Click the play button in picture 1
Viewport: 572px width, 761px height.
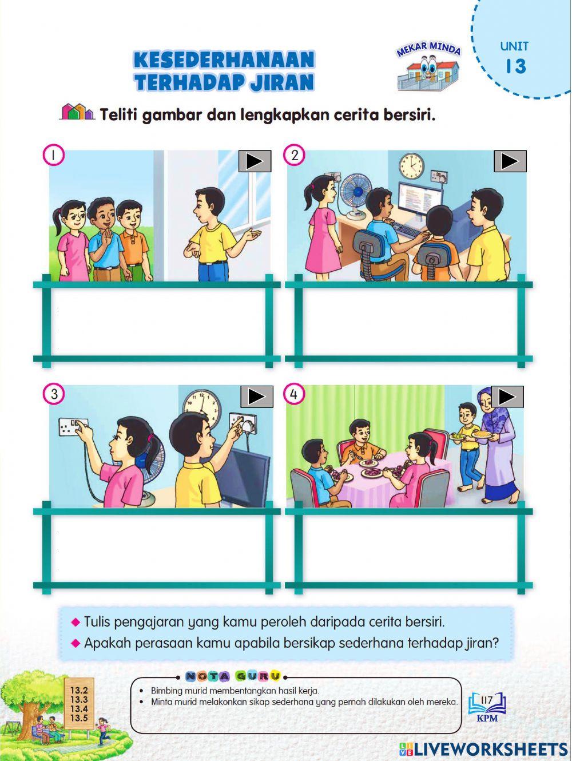tap(255, 162)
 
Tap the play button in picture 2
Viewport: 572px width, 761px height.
tap(510, 161)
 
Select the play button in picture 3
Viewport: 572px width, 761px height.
tap(257, 397)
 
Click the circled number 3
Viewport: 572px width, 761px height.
tap(54, 394)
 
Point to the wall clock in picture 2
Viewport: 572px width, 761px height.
tap(411, 165)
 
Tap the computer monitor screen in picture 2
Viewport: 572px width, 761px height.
tap(420, 201)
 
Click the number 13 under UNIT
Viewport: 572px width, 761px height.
tap(515, 66)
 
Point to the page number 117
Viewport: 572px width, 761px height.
tap(487, 699)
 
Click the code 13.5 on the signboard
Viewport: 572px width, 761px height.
tap(78, 718)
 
